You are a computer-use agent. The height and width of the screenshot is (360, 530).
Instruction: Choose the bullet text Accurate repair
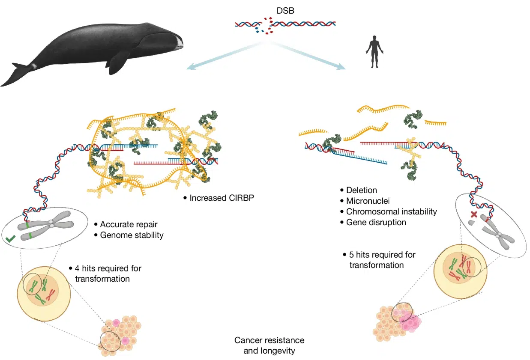pyautogui.click(x=128, y=224)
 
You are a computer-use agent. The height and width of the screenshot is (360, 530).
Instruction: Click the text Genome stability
pyautogui.click(x=132, y=235)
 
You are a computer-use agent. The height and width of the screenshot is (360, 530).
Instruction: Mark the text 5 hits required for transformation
pyautogui.click(x=380, y=260)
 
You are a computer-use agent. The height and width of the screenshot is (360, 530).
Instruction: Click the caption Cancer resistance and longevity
pyautogui.click(x=269, y=345)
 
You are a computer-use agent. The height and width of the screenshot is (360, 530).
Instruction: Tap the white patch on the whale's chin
pyautogui.click(x=178, y=42)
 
